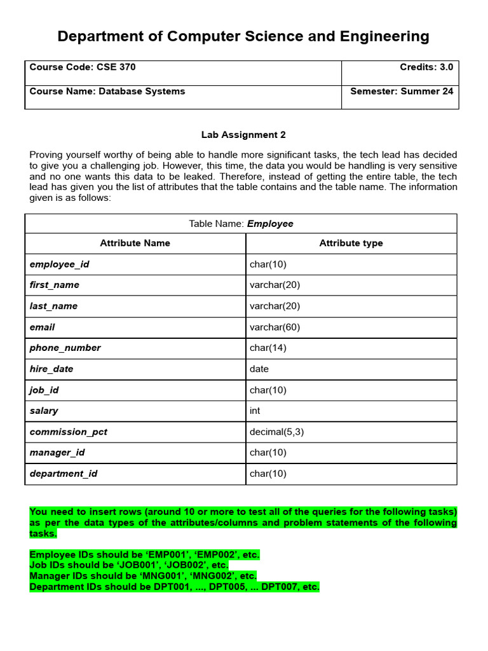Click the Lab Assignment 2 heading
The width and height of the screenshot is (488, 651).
(243, 135)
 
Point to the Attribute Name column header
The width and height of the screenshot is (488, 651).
(135, 243)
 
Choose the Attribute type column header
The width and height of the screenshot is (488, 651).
(351, 243)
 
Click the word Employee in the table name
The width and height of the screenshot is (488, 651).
(270, 224)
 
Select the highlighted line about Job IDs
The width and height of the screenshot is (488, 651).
(129, 565)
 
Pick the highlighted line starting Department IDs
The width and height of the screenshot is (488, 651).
(175, 587)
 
